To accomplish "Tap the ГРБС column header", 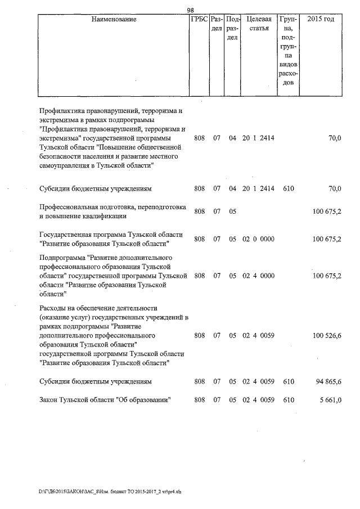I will click(199, 20).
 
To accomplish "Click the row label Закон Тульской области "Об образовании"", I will click(105, 400).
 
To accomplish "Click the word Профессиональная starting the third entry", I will click(66, 208).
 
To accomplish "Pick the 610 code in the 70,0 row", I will click(289, 189).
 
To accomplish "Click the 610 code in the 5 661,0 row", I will click(289, 400).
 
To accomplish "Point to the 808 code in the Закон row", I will click(199, 400).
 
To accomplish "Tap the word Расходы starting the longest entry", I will click(52, 308).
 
